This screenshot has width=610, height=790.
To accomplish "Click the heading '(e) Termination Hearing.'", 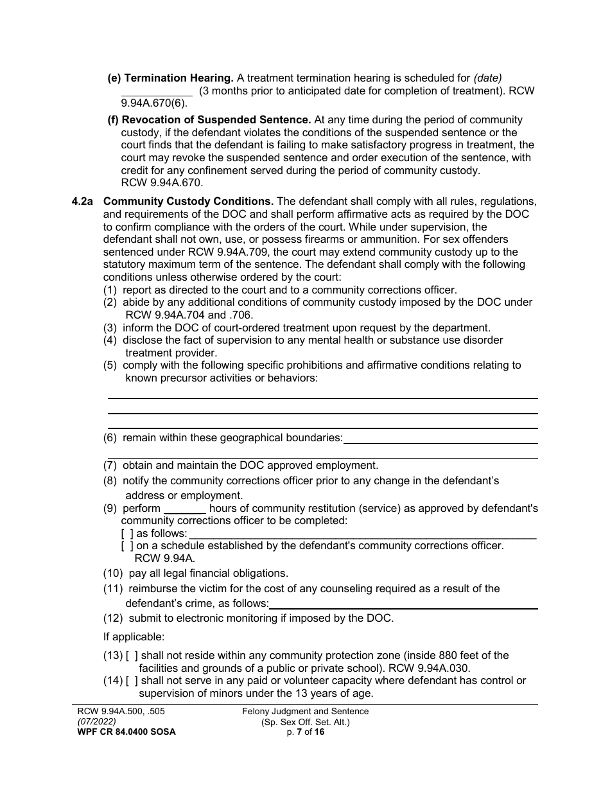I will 170,78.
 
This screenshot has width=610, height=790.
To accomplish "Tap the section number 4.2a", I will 83,201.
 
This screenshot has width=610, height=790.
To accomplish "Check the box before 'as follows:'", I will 127,533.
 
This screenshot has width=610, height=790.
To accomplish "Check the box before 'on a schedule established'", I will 127,545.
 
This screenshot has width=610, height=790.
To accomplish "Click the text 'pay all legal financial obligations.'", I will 208,573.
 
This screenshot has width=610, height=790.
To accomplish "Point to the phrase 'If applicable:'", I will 134,637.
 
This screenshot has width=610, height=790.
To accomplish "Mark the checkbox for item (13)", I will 132,655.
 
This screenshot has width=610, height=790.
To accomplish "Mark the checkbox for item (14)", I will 132,681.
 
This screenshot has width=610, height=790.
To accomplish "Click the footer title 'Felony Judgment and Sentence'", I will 306,711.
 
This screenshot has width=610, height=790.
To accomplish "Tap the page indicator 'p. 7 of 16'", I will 306,732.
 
